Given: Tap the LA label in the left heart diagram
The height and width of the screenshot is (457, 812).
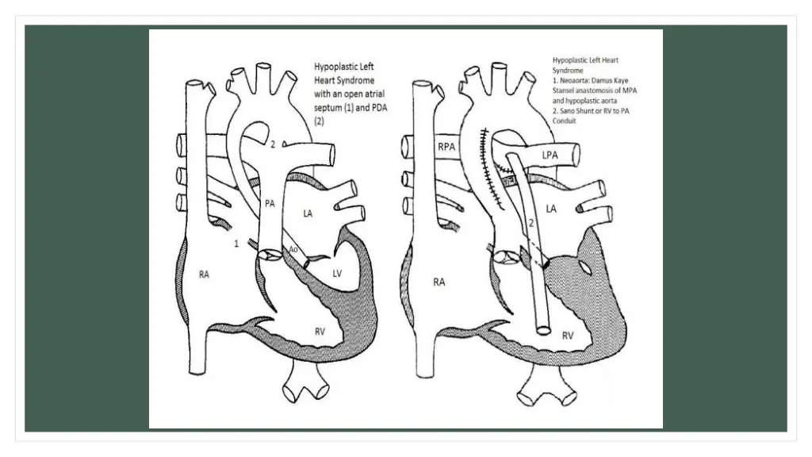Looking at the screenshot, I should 308,213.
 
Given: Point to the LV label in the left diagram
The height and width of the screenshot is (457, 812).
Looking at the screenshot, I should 336,273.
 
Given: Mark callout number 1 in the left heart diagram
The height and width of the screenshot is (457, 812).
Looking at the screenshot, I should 236,244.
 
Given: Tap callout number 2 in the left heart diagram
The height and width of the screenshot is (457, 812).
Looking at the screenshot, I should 272,144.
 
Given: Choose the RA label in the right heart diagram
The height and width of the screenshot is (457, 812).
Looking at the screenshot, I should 439,281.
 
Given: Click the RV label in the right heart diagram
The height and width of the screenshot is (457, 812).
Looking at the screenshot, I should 568,336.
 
